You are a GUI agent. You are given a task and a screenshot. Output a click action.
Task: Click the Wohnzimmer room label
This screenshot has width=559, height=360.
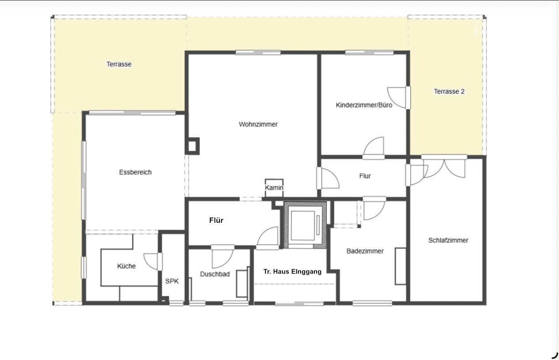tap(258, 124)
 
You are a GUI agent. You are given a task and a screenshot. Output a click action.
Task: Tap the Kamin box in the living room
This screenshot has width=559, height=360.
tap(274, 188)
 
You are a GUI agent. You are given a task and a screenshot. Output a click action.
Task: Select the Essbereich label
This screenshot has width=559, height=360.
tap(135, 172)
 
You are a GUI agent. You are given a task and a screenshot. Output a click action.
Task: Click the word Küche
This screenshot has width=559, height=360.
tap(127, 266)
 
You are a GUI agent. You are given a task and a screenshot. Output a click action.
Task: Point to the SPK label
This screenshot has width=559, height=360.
tap(172, 281)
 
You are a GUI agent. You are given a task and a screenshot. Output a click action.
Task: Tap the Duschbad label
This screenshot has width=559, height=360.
tap(215, 274)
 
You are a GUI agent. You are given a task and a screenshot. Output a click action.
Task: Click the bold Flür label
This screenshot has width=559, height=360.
tap(216, 220)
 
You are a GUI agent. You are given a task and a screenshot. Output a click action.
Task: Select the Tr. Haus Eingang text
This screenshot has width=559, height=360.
tap(292, 271)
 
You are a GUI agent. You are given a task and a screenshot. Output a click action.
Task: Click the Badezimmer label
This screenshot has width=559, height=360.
tap(365, 251)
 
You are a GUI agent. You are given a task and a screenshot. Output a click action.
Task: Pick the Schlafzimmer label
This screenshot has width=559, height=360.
tap(448, 240)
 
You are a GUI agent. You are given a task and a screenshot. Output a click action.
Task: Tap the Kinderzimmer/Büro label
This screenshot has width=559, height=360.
tap(364, 105)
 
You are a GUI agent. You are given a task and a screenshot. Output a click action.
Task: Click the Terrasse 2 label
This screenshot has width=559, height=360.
tap(449, 91)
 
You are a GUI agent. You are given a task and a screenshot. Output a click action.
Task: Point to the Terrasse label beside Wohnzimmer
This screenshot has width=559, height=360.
tap(119, 64)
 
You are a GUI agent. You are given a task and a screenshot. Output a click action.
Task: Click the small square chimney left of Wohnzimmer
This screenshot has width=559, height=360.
tap(192, 146)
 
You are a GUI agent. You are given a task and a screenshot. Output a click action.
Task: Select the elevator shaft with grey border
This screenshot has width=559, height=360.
tap(305, 225)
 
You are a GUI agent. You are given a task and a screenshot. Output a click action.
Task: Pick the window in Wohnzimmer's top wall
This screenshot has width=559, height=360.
tap(258, 52)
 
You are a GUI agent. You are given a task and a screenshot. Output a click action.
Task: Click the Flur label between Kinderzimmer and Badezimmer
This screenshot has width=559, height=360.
tap(365, 176)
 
